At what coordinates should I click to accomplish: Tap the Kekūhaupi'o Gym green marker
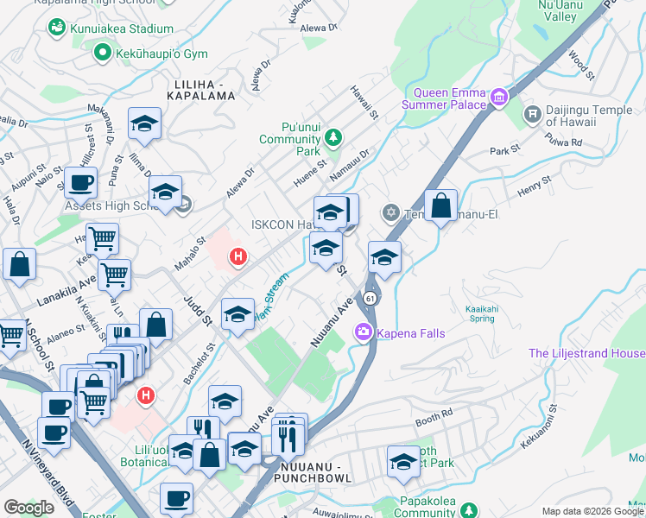101,54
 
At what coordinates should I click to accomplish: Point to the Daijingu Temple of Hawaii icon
532,113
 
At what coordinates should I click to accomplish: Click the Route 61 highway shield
370,298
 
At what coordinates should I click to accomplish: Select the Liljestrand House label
586,354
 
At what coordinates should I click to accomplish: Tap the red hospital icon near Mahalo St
238,256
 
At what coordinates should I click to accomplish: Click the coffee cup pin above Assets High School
80,182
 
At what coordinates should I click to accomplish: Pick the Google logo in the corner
28,508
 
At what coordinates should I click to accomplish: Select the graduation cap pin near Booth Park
403,462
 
